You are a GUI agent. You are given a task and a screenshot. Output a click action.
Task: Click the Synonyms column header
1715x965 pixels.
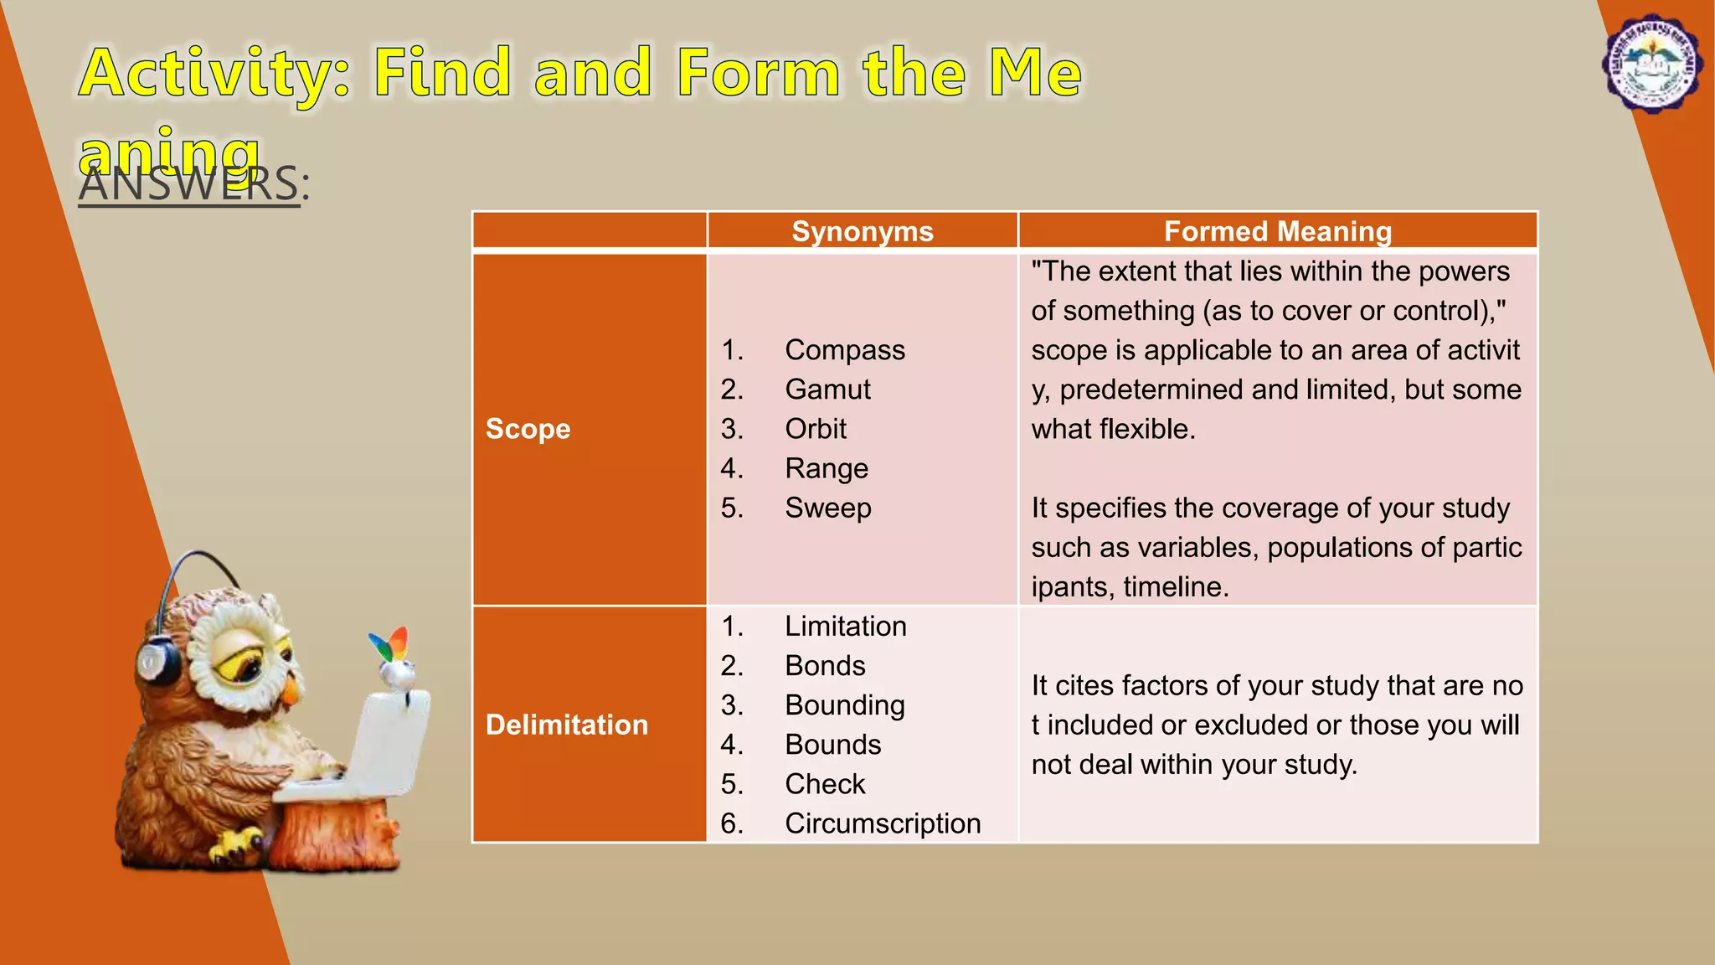(862, 231)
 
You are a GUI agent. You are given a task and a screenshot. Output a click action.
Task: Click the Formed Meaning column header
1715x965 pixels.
(1277, 231)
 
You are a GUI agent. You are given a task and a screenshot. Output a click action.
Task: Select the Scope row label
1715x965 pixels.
(528, 429)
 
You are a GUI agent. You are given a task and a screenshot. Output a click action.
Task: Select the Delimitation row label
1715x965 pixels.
(566, 725)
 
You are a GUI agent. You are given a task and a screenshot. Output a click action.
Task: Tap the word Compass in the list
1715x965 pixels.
(844, 350)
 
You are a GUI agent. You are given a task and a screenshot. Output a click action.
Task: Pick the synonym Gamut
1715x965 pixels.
(827, 390)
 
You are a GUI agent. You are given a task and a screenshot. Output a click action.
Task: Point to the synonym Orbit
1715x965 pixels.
(815, 429)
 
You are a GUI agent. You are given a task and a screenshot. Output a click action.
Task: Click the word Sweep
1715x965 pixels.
(827, 508)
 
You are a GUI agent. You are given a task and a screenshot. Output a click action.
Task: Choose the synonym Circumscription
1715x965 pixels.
(882, 823)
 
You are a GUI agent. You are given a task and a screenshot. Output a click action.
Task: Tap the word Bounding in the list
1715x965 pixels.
(844, 705)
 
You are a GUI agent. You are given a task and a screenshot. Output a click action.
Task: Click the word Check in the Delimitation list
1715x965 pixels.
(824, 784)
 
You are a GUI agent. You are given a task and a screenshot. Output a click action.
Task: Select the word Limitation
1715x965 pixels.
(845, 627)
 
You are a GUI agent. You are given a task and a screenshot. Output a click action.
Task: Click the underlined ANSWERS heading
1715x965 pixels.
(189, 184)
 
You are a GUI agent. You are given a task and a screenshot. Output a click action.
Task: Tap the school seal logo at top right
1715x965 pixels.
(1651, 64)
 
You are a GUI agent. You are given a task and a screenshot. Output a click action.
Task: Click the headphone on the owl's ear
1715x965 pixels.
(158, 662)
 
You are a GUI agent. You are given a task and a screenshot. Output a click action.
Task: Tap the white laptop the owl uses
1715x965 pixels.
(377, 746)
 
